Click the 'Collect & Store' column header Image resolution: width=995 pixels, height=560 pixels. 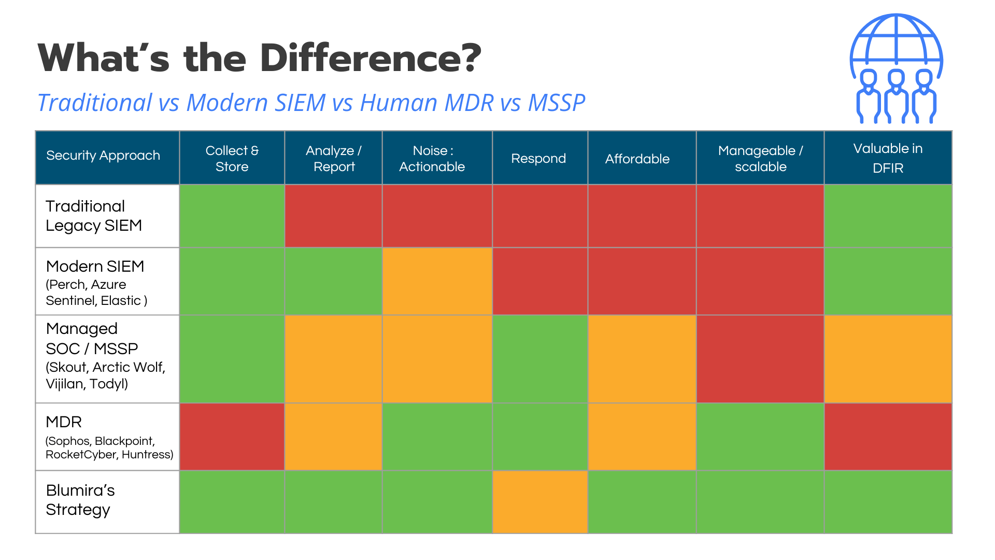point(232,158)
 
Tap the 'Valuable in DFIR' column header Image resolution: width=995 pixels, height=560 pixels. point(888,158)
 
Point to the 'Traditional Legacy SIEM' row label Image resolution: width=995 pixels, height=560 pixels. point(94,216)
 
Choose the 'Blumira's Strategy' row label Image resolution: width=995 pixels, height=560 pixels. point(80,500)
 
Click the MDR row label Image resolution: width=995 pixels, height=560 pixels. point(64,422)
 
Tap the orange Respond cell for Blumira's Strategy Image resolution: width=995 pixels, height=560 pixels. point(540,502)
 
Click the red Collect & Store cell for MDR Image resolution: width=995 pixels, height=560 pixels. point(232,437)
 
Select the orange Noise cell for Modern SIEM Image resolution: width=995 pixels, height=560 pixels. point(437,281)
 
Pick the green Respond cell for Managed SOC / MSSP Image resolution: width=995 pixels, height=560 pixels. point(540,359)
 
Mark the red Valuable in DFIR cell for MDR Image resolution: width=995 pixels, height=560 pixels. point(888,437)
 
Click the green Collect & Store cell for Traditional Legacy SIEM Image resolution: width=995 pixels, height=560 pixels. point(232,216)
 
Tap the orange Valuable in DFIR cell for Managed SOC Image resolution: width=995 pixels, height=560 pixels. point(888,359)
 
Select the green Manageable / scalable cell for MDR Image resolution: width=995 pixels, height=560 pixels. point(760,437)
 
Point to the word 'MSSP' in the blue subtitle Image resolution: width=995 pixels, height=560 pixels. point(557,103)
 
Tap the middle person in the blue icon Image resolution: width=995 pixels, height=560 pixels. point(896,96)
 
